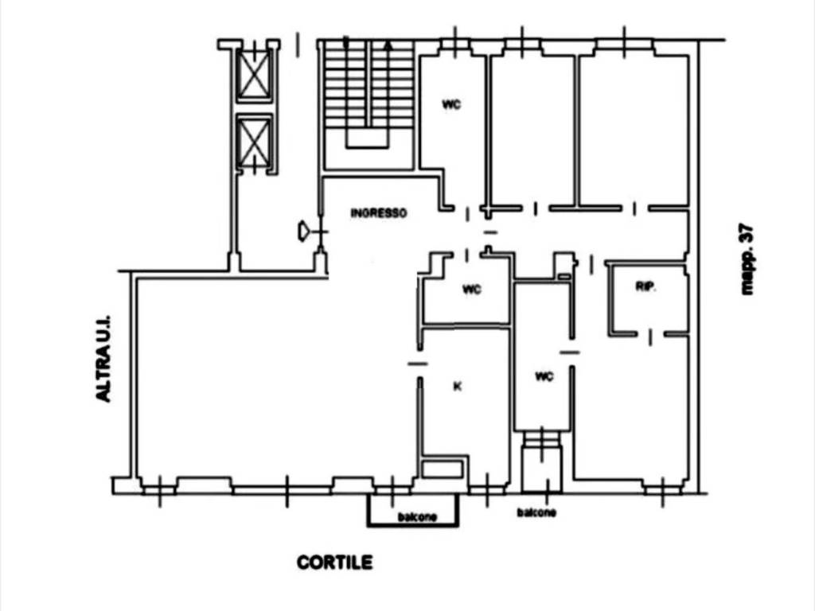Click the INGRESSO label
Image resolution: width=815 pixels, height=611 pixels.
(x=378, y=213)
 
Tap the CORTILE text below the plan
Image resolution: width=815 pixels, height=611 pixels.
(x=335, y=562)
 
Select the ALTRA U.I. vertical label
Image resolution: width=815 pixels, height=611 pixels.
(x=103, y=358)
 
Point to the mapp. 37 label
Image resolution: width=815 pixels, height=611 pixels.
(x=747, y=259)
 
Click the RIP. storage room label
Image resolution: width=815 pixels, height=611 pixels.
(x=646, y=286)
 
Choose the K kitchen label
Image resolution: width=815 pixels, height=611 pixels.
(x=458, y=387)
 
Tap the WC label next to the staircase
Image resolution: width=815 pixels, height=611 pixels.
(x=451, y=105)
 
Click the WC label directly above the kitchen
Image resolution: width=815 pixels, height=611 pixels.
(x=471, y=290)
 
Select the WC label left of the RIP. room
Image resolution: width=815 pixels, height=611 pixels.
(x=544, y=376)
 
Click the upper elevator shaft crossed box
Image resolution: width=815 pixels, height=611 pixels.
(x=254, y=75)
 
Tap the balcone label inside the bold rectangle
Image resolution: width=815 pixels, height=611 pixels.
(x=417, y=517)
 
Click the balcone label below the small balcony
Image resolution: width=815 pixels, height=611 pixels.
(x=536, y=513)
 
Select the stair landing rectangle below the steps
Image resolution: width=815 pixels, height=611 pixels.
(x=368, y=138)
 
